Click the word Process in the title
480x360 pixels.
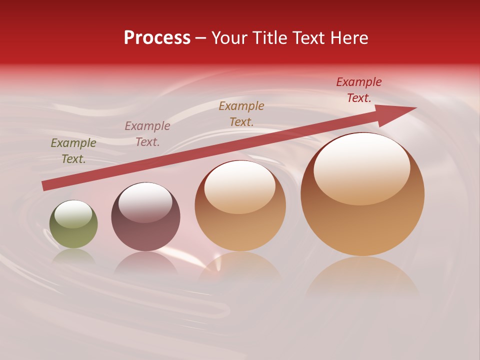[157, 38]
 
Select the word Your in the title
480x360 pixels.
[229, 38]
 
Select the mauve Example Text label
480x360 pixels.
[147, 134]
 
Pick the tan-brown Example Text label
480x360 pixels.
[241, 113]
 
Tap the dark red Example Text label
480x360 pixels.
[359, 90]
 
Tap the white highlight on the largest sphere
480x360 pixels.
[362, 167]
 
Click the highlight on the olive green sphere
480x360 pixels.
[73, 214]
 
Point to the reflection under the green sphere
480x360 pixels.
[73, 256]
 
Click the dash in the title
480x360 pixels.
[201, 38]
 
